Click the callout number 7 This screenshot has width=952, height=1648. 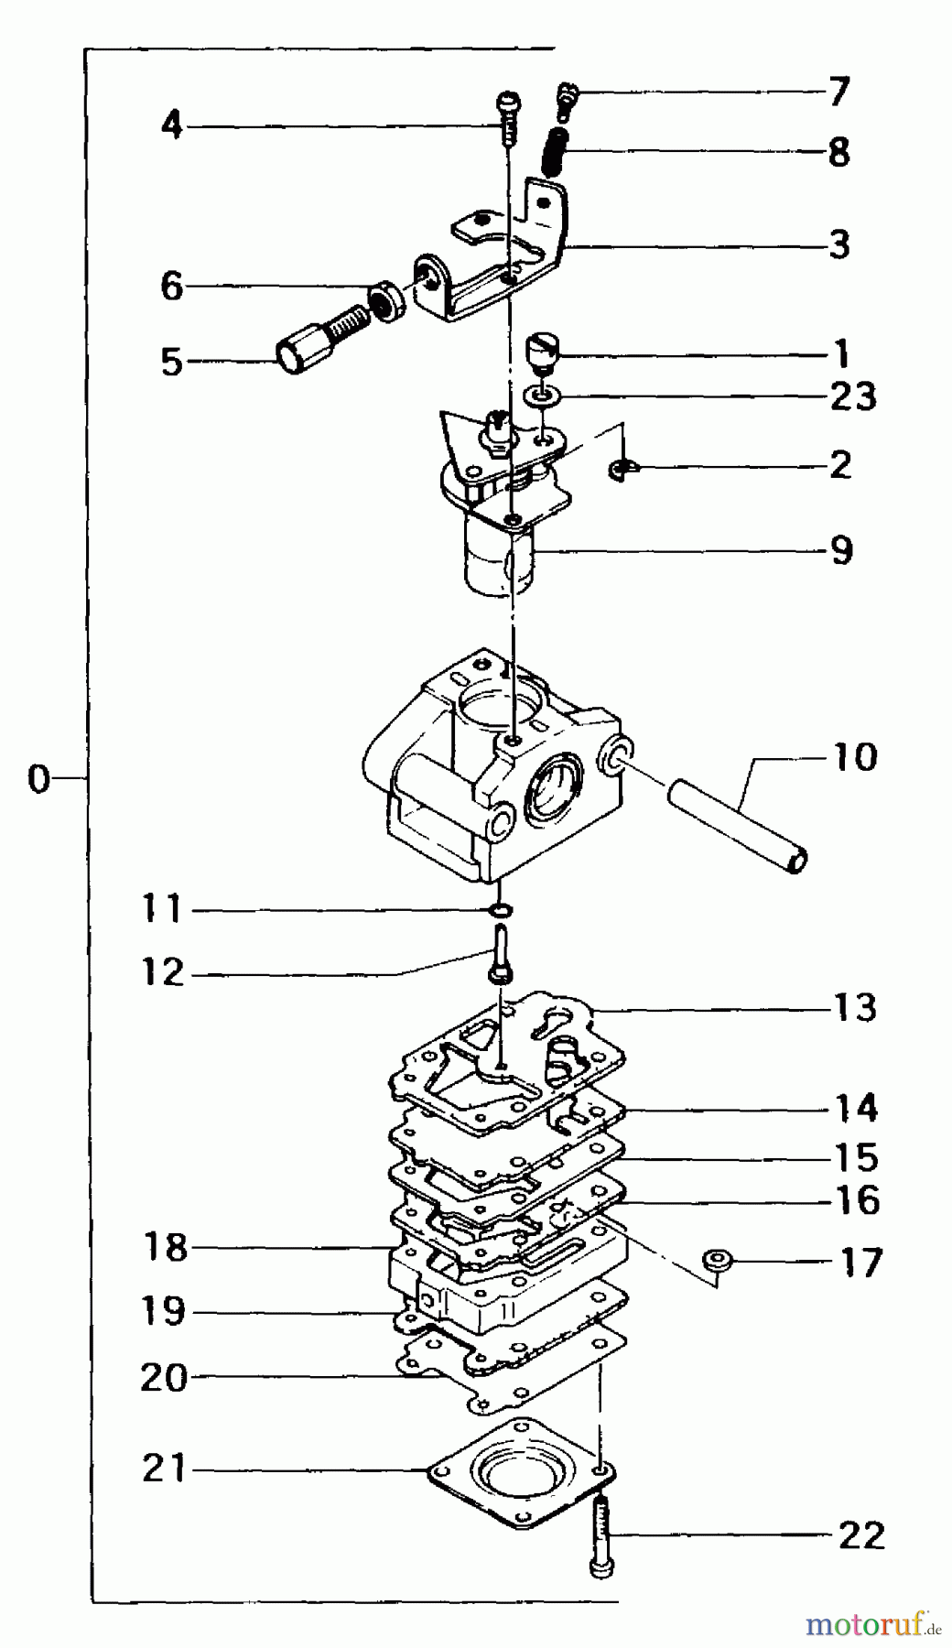point(838,92)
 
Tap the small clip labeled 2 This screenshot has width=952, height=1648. point(621,471)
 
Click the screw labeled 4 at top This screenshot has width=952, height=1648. point(509,114)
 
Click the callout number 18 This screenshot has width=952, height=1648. point(165,1247)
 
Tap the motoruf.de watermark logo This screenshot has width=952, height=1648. point(873,1625)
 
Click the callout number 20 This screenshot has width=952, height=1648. point(165,1377)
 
